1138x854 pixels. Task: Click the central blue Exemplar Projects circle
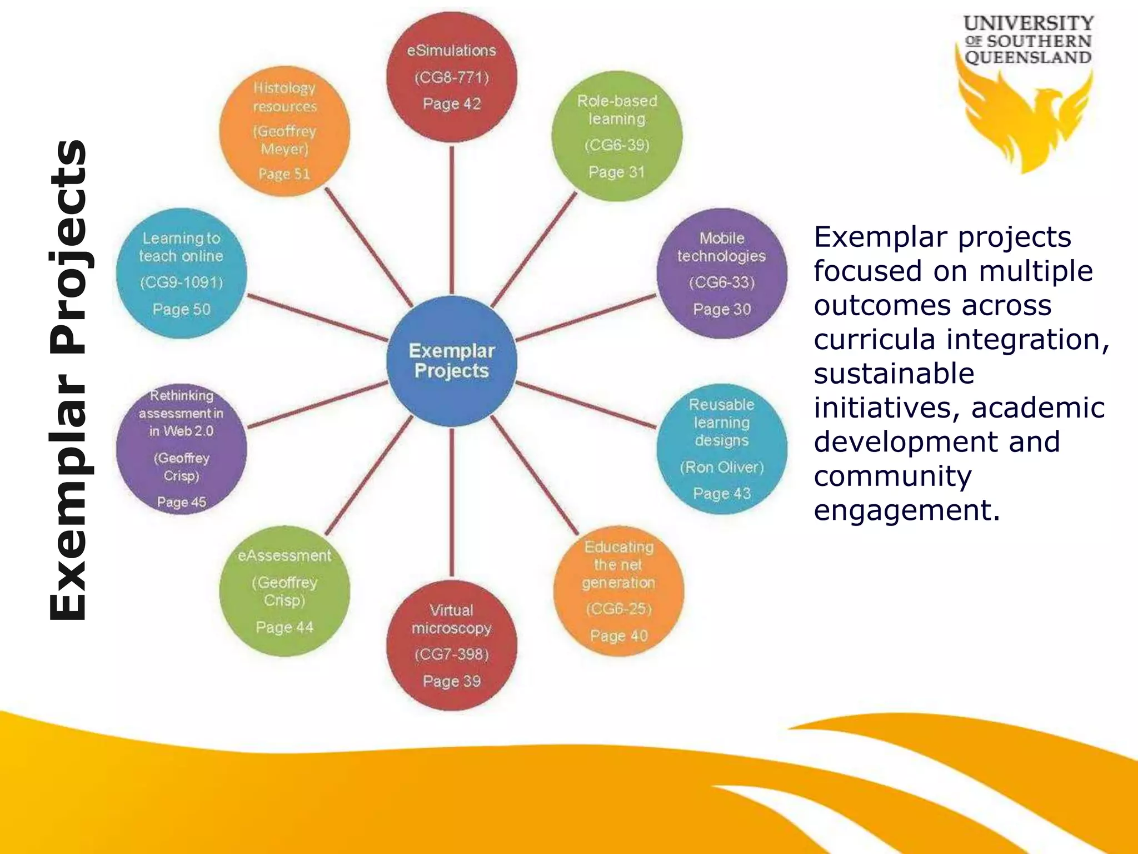coord(451,361)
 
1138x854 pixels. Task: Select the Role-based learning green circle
coord(617,136)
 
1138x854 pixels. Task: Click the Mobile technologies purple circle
coord(721,274)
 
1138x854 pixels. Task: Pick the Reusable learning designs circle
coord(721,449)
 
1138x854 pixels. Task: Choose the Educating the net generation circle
coord(618,591)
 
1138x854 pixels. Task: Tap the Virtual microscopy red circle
coord(451,645)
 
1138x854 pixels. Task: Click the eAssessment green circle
coord(284,591)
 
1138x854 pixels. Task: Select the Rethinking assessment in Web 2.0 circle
coord(181,449)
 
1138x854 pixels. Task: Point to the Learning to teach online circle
coord(181,274)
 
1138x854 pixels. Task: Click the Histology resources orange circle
coord(284,131)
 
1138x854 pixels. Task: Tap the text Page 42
coord(451,104)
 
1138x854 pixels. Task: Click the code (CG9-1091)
coord(181,282)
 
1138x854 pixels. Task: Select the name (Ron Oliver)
coord(721,467)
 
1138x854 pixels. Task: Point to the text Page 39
coord(451,681)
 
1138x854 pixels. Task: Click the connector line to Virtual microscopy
coord(452,500)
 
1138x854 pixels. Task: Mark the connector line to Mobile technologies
coord(586,317)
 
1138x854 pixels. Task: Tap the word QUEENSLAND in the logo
coord(1027,57)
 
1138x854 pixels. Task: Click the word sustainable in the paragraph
coord(894,374)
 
